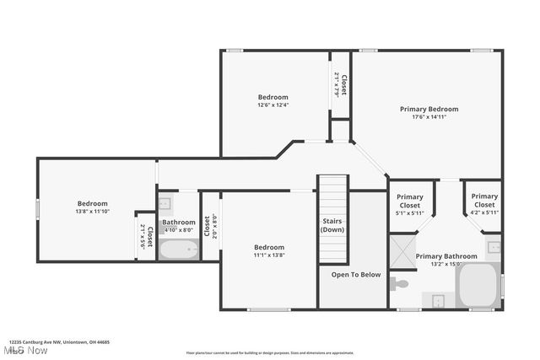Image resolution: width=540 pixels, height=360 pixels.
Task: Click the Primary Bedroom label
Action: click(429, 109)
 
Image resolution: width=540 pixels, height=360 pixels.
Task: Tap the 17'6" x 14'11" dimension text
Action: click(429, 117)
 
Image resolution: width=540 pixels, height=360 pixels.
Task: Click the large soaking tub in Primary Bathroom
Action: click(478, 286)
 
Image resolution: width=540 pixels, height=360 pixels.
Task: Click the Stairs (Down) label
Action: click(332, 225)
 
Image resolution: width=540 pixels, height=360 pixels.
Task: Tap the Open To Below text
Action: click(355, 274)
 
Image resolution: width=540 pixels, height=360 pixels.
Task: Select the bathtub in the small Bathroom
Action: click(178, 250)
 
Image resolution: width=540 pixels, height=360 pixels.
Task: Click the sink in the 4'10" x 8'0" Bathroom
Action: click(165, 203)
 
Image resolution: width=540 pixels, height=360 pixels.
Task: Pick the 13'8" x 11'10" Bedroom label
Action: click(92, 203)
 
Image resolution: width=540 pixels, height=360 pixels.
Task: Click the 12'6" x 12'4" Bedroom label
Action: click(273, 97)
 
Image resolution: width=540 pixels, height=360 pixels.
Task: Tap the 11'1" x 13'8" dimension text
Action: click(269, 255)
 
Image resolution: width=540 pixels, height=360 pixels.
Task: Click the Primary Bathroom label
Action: click(446, 256)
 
